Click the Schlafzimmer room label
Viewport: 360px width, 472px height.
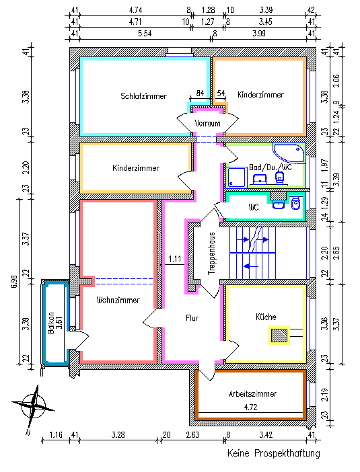pyautogui.click(x=144, y=96)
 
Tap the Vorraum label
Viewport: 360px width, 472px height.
pyautogui.click(x=207, y=123)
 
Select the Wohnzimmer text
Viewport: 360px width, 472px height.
pyautogui.click(x=118, y=300)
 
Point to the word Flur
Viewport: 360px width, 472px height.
pyautogui.click(x=192, y=318)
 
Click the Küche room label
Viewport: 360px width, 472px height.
pyautogui.click(x=266, y=317)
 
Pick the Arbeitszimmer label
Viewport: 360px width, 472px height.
pyautogui.click(x=252, y=394)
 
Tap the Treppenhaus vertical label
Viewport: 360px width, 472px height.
pyautogui.click(x=212, y=253)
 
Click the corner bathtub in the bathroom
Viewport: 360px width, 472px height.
pyautogui.click(x=289, y=153)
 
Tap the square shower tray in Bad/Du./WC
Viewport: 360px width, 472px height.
pyautogui.click(x=237, y=178)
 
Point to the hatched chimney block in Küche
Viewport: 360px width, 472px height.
pyautogui.click(x=279, y=335)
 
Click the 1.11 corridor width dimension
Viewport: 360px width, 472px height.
pyautogui.click(x=175, y=259)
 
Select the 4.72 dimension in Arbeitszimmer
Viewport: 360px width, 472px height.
pyautogui.click(x=250, y=407)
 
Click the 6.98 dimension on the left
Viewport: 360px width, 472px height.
pyautogui.click(x=14, y=281)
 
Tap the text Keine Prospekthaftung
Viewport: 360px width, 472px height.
pyautogui.click(x=274, y=453)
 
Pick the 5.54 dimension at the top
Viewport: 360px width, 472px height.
pyautogui.click(x=145, y=34)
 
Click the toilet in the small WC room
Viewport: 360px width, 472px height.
pyautogui.click(x=296, y=204)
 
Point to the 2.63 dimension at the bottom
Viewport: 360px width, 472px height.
pyautogui.click(x=193, y=434)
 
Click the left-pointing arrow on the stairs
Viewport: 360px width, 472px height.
pyautogui.click(x=250, y=266)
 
